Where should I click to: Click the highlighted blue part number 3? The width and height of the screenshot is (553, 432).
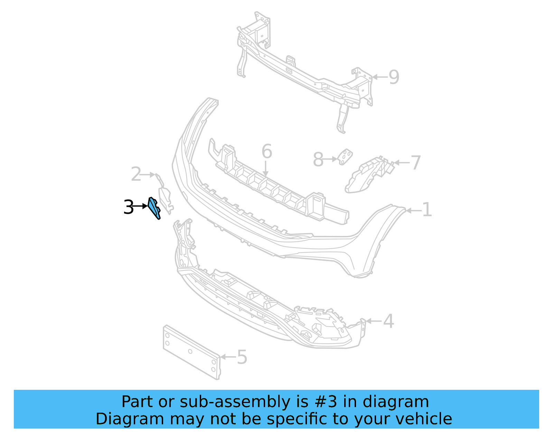(x=154, y=208)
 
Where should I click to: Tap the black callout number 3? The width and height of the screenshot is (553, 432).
(x=128, y=208)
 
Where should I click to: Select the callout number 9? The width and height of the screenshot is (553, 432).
(x=394, y=77)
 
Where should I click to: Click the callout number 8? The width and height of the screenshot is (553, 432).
(x=318, y=160)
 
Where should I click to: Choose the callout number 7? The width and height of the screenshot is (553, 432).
(x=415, y=163)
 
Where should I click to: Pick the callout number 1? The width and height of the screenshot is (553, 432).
(x=427, y=210)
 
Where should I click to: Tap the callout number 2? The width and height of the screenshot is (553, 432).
(x=136, y=174)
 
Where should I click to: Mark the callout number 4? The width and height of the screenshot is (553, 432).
(x=388, y=321)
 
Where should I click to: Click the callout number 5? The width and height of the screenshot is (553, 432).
(x=242, y=357)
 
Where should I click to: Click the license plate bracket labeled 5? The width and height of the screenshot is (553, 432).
(x=191, y=352)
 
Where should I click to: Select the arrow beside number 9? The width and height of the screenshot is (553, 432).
(x=379, y=77)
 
